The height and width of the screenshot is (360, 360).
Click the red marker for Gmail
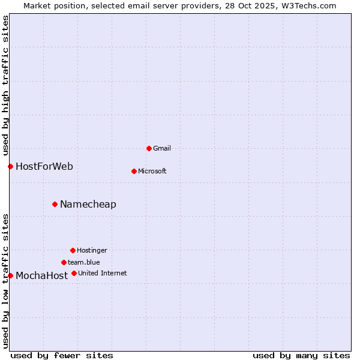[x=149, y=148]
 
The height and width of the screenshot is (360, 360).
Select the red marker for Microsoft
[x=134, y=171]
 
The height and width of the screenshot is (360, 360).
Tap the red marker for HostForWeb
[x=10, y=166]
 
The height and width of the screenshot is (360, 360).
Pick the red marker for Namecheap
[x=55, y=204]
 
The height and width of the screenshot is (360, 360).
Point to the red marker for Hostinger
[x=73, y=250]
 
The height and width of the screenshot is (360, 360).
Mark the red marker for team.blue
[x=64, y=262]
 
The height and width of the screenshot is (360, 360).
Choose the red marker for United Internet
[x=74, y=273]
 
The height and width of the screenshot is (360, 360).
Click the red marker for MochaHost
[x=10, y=275]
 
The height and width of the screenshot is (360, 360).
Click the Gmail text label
[x=162, y=148]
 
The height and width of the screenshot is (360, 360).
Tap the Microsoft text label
[x=152, y=171]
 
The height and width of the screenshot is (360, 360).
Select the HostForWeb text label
[x=44, y=166]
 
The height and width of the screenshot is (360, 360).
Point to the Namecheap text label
[x=88, y=204]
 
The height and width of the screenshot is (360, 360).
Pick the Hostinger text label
[x=92, y=250]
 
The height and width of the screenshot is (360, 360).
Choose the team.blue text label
[x=84, y=262]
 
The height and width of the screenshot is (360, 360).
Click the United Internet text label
[x=103, y=273]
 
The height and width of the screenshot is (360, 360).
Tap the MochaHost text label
[x=42, y=275]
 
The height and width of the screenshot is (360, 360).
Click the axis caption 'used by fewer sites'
[x=62, y=355]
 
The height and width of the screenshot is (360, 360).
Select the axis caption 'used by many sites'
[x=301, y=355]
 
